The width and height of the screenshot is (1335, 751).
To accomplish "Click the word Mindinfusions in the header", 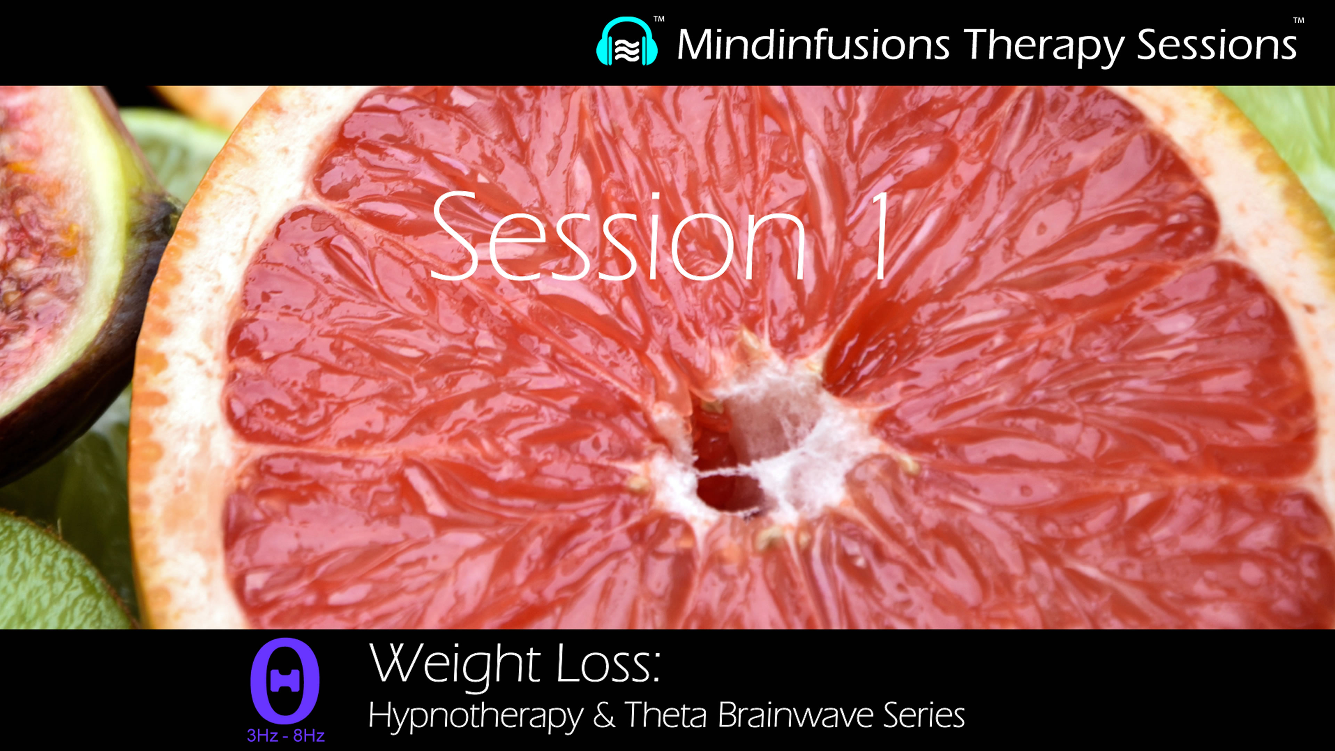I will (812, 45).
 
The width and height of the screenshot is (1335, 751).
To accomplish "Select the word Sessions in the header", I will (1216, 45).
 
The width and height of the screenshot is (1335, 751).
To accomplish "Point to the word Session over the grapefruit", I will (617, 237).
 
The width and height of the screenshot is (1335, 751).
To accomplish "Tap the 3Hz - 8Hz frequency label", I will (285, 735).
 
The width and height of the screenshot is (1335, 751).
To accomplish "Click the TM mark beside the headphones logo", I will (659, 19).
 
